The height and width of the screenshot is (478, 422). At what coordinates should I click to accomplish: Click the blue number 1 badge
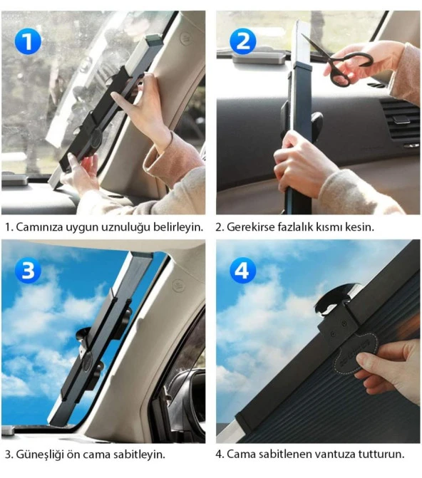pyautogui.click(x=27, y=41)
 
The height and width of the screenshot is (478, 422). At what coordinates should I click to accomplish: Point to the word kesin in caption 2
pyautogui.click(x=360, y=227)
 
